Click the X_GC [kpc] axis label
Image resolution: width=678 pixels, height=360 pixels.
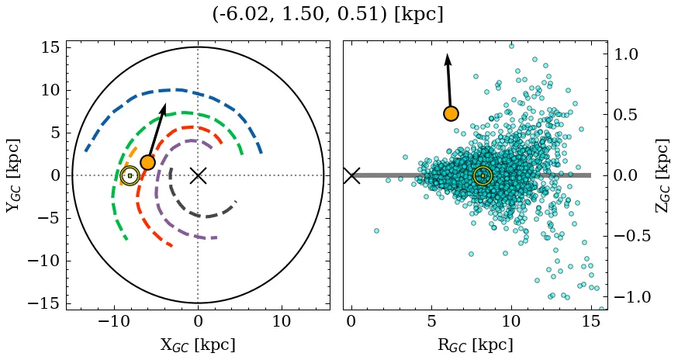[x=198, y=344]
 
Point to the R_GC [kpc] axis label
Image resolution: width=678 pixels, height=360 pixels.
[x=475, y=344]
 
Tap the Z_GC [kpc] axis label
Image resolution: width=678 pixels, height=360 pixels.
[x=662, y=175]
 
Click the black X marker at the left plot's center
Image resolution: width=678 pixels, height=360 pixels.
[x=198, y=175]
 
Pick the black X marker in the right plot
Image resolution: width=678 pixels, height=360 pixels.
[x=351, y=175]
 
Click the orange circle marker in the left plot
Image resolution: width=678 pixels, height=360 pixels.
[x=147, y=162]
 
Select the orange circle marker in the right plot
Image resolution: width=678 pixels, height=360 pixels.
[x=451, y=113]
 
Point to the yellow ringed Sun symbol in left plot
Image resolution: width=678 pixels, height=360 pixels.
[x=130, y=176]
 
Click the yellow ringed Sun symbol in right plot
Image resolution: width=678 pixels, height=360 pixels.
[x=483, y=176]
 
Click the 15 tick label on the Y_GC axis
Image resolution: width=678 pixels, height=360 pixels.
[x=50, y=47]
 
